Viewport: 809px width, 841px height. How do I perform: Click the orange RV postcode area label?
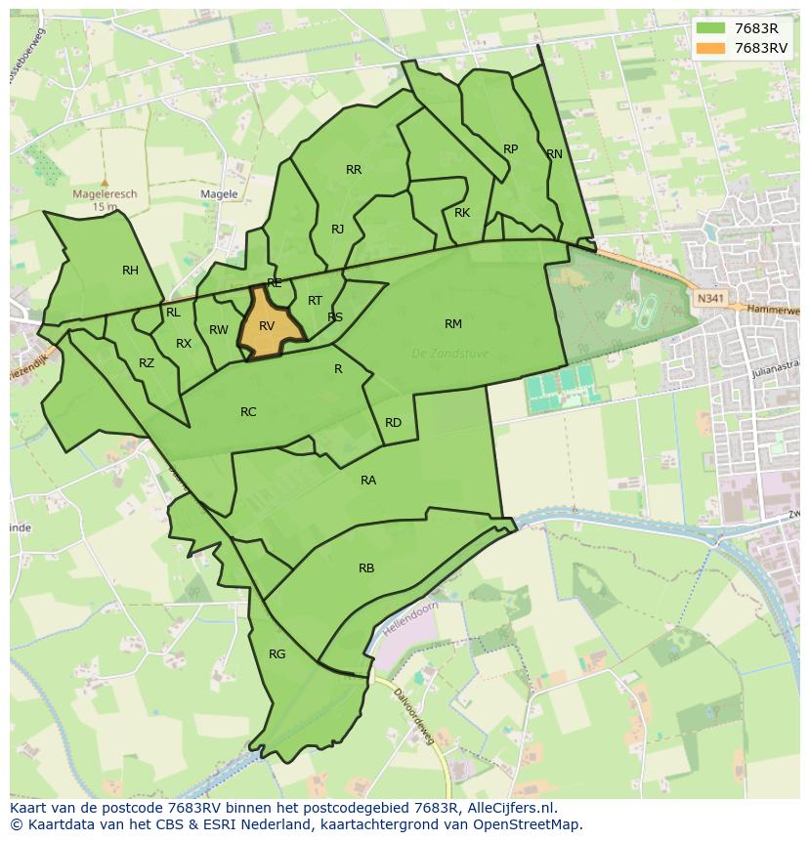(267, 326)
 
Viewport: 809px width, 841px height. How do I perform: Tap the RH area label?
(130, 271)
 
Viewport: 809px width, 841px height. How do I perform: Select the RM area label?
(453, 324)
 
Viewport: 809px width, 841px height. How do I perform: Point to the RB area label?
(366, 568)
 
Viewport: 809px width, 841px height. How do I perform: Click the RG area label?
(277, 654)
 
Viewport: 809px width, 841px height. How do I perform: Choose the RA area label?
(368, 481)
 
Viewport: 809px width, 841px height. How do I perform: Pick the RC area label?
(248, 412)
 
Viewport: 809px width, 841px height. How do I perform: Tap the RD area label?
(393, 423)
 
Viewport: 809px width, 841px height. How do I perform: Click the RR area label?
(354, 170)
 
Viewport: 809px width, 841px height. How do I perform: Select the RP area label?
(510, 149)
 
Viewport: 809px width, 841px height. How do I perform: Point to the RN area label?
(555, 154)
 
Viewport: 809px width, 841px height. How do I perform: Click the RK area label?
(462, 213)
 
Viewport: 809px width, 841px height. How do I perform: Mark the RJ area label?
(337, 230)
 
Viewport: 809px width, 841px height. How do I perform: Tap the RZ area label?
(147, 363)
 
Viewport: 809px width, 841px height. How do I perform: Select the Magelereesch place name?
(105, 194)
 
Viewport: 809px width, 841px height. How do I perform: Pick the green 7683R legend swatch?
(710, 27)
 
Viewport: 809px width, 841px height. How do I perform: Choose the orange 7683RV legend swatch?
(710, 47)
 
